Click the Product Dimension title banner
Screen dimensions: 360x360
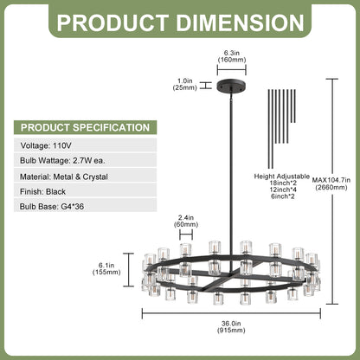pos(180,22)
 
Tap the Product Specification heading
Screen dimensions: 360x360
pos(86,127)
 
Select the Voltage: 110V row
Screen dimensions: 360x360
pos(86,145)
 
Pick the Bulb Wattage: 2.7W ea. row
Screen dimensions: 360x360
pos(86,160)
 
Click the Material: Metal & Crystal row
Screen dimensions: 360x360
pos(86,177)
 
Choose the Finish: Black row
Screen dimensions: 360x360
pos(86,191)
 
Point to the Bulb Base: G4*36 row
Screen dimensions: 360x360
pos(86,207)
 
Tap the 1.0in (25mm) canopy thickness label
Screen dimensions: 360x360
pos(185,85)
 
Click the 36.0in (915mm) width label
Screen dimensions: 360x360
pos(231,327)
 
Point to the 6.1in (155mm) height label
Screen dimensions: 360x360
pos(106,268)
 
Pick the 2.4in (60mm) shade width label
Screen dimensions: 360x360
pos(186,222)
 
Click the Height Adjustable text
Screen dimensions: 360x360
pos(281,177)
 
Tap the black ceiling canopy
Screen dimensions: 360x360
pos(232,86)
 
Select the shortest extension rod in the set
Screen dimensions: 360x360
pos(295,106)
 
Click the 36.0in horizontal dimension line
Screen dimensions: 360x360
pos(231,313)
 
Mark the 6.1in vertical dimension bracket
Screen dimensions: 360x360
pos(129,270)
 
